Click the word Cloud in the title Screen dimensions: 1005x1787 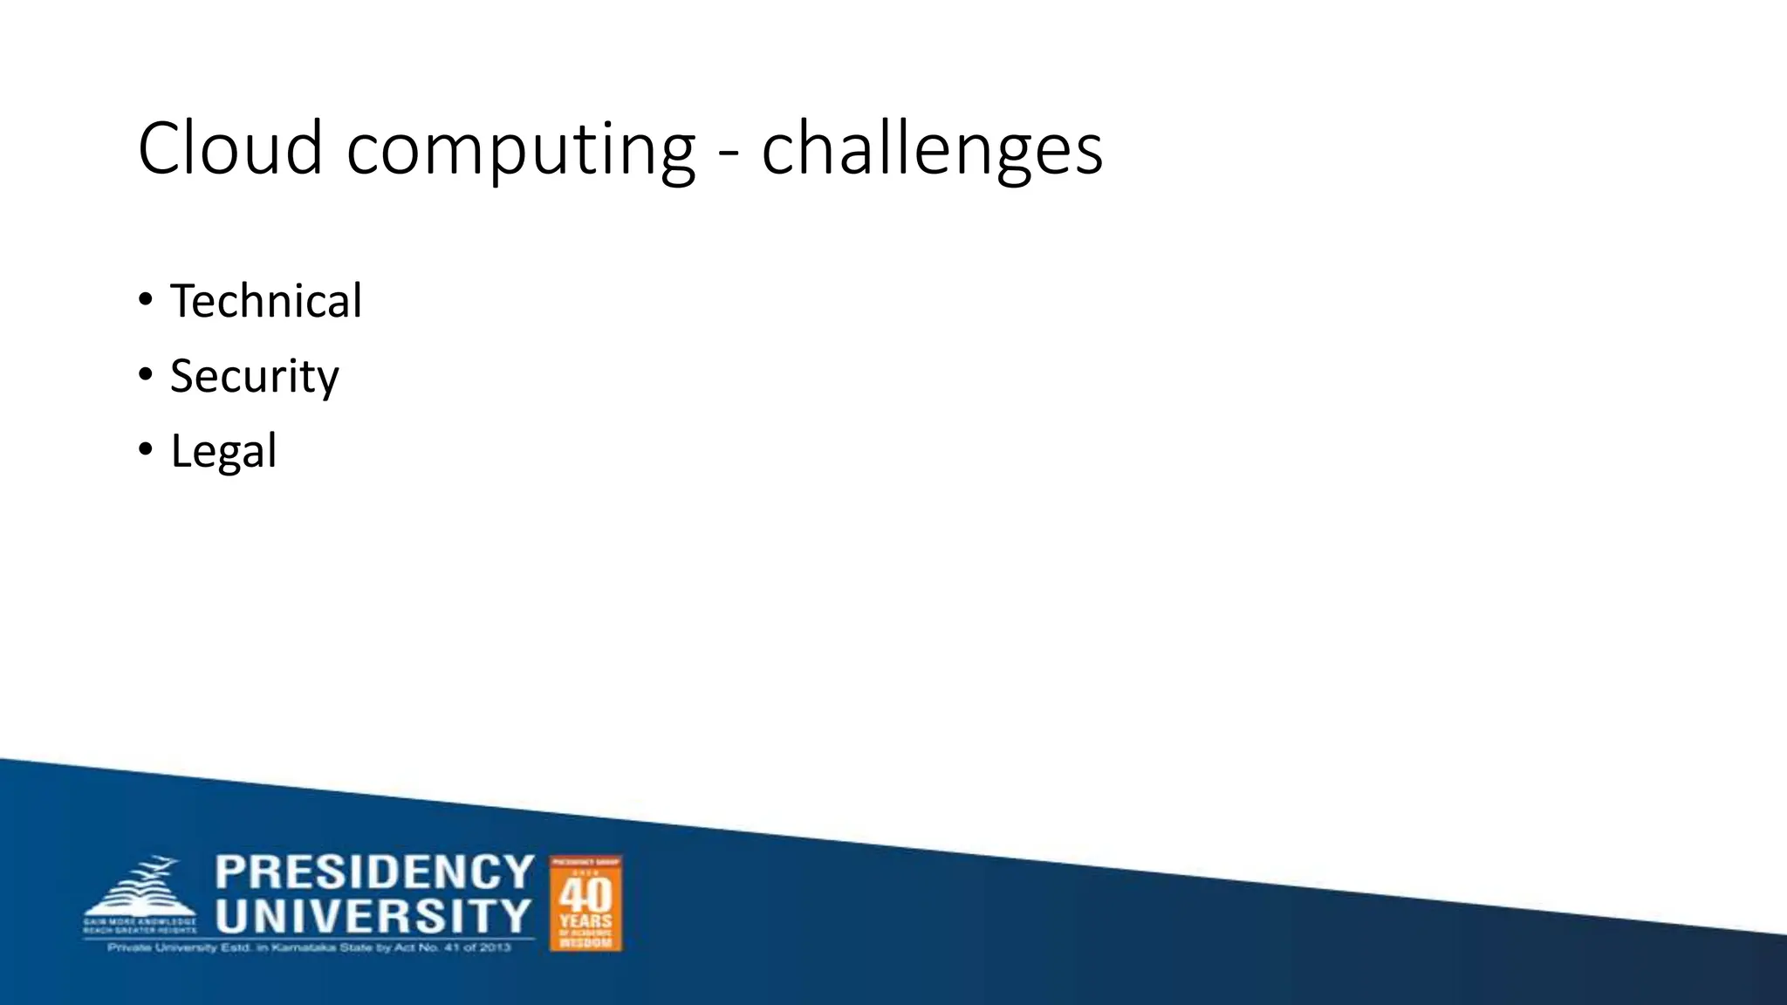[230, 149]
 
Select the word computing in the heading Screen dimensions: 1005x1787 [520, 151]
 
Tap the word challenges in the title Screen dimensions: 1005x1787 [931, 149]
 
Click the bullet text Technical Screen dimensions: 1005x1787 [265, 302]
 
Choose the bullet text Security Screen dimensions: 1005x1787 [254, 377]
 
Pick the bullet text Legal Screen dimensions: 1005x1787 [223, 452]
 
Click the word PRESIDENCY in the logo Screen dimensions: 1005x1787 [374, 872]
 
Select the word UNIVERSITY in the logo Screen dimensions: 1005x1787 [373, 916]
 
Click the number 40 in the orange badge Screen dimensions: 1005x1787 [585, 895]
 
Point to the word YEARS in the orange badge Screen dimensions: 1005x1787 [585, 921]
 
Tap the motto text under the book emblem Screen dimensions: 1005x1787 [140, 926]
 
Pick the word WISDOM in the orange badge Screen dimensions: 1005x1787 [585, 942]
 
